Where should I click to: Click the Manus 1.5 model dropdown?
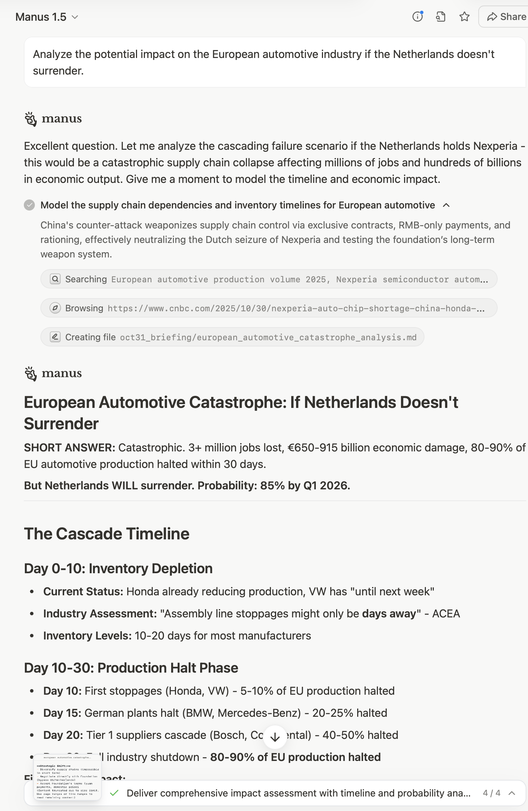pyautogui.click(x=47, y=17)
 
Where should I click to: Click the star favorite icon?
pyautogui.click(x=465, y=17)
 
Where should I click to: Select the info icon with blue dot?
pyautogui.click(x=418, y=17)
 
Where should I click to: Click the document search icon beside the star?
pyautogui.click(x=441, y=17)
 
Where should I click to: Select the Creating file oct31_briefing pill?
pyautogui.click(x=232, y=337)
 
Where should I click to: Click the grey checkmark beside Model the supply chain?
pyautogui.click(x=29, y=205)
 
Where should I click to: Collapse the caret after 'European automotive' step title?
pyautogui.click(x=446, y=205)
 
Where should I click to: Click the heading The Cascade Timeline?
pyautogui.click(x=107, y=534)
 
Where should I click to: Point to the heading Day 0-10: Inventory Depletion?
pyautogui.click(x=118, y=568)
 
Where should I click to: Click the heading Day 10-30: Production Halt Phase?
pyautogui.click(x=131, y=668)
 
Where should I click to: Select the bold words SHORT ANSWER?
pyautogui.click(x=69, y=448)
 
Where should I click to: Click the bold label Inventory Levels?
pyautogui.click(x=87, y=636)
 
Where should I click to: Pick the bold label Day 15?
pyautogui.click(x=62, y=713)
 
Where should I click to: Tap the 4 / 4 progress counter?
pyautogui.click(x=491, y=793)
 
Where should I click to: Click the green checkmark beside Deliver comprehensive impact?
pyautogui.click(x=114, y=793)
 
